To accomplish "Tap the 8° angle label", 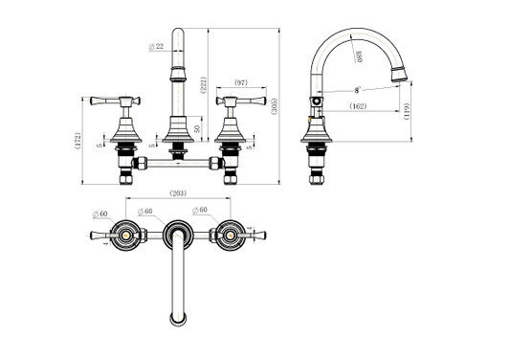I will (x=356, y=90).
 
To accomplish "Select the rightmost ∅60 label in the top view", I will (x=200, y=209).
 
